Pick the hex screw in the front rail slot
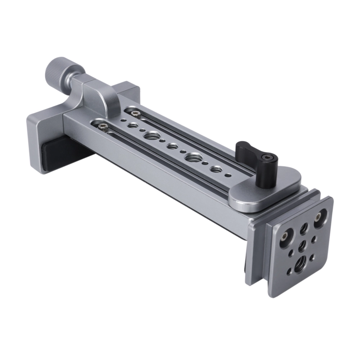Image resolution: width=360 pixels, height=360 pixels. click(x=103, y=126)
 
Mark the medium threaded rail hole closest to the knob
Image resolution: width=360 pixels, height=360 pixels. click(x=132, y=126)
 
